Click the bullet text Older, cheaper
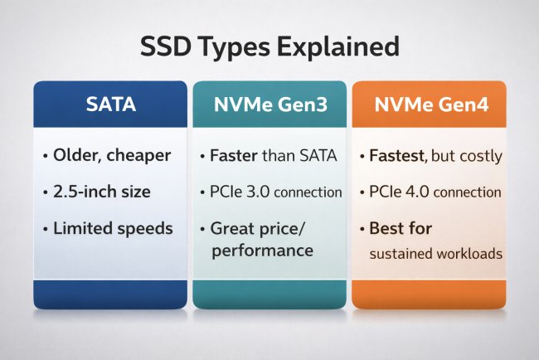(109, 154)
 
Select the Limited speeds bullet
(108, 228)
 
